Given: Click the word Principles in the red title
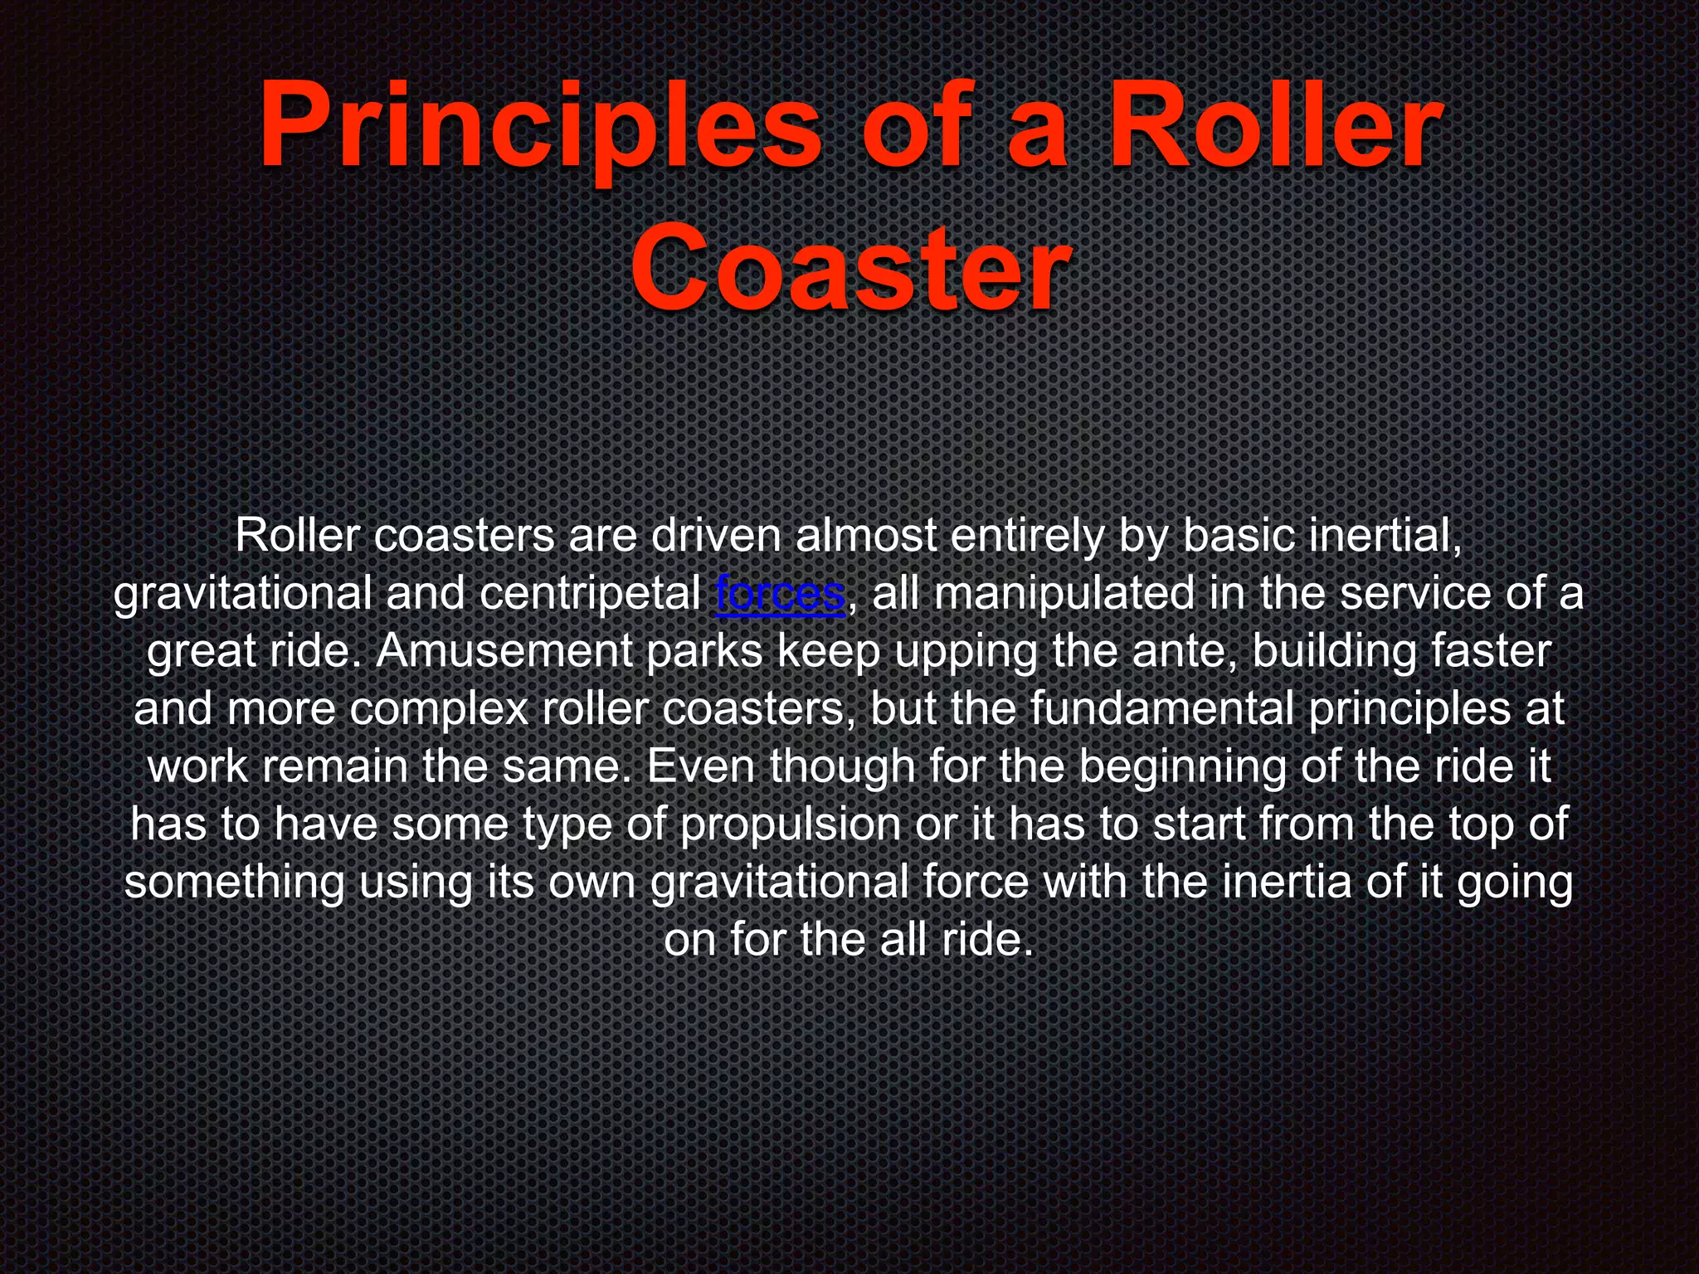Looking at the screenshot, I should coord(539,129).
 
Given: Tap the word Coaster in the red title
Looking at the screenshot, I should coord(849,270).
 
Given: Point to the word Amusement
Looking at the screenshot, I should coord(503,652).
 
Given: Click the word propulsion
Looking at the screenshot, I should coord(790,824).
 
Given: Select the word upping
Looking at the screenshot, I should coord(966,652).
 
